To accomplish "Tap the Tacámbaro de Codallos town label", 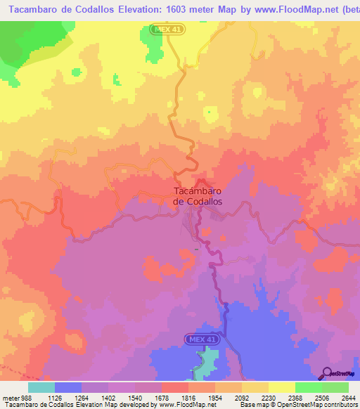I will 198,195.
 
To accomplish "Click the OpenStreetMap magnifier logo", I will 327,374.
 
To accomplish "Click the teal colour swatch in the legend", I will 41,388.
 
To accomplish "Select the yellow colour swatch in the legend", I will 281,388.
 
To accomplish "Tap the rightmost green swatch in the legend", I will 335,388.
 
